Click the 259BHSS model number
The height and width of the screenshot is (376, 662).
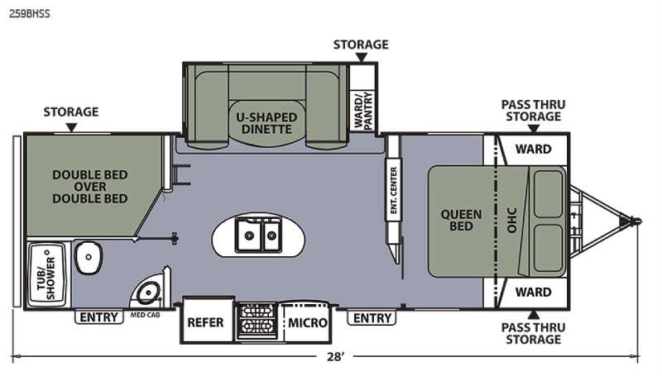point(30,13)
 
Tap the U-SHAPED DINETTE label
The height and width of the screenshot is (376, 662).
point(266,123)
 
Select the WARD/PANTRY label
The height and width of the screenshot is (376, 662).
point(363,111)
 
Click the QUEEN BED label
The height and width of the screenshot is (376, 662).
point(461,220)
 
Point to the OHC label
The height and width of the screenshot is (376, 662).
point(511,220)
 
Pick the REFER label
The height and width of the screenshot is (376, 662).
point(205,322)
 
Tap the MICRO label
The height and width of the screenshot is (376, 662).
point(308,323)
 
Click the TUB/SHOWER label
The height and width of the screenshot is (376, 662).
point(46,274)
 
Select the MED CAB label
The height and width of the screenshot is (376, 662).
point(145,315)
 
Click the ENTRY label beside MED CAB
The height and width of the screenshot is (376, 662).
point(98,317)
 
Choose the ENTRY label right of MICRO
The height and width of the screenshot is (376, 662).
point(372,318)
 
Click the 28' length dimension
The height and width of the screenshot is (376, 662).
point(335,357)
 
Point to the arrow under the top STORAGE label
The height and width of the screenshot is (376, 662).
point(362,57)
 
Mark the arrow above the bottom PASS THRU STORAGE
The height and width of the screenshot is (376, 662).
point(534,315)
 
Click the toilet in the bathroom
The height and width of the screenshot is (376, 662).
point(89,257)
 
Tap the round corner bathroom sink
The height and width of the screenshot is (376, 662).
point(147,291)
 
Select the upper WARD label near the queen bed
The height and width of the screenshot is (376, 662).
point(533,150)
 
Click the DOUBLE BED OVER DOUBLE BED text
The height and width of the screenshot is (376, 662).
point(90,187)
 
